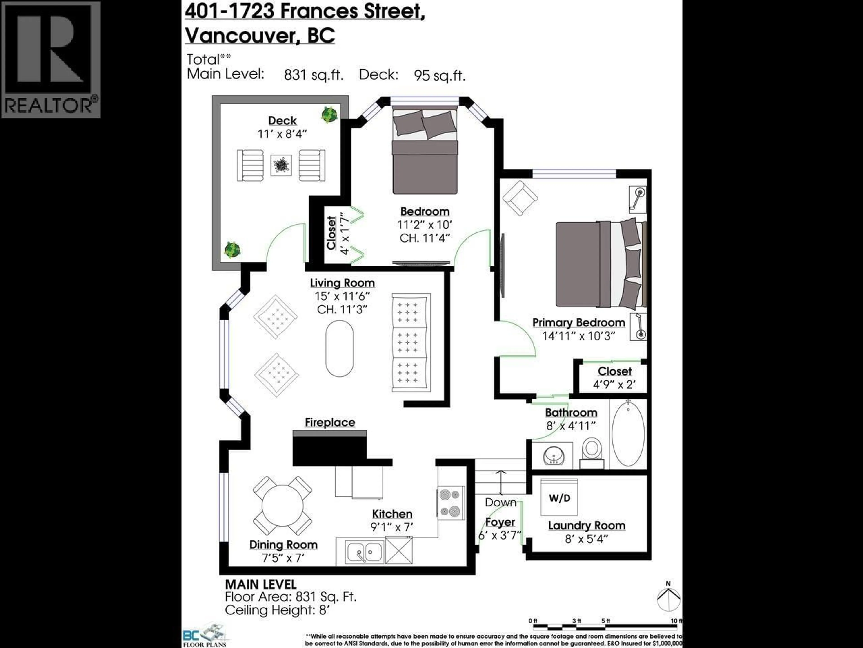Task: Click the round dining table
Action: (x=282, y=506)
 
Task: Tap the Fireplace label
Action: (x=330, y=423)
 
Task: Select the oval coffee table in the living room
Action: (x=339, y=348)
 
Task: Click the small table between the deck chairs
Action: (x=281, y=165)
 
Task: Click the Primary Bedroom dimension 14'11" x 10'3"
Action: (x=578, y=336)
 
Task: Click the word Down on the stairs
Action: (x=500, y=502)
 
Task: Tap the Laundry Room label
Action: (x=586, y=526)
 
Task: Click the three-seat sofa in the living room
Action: (x=411, y=342)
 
